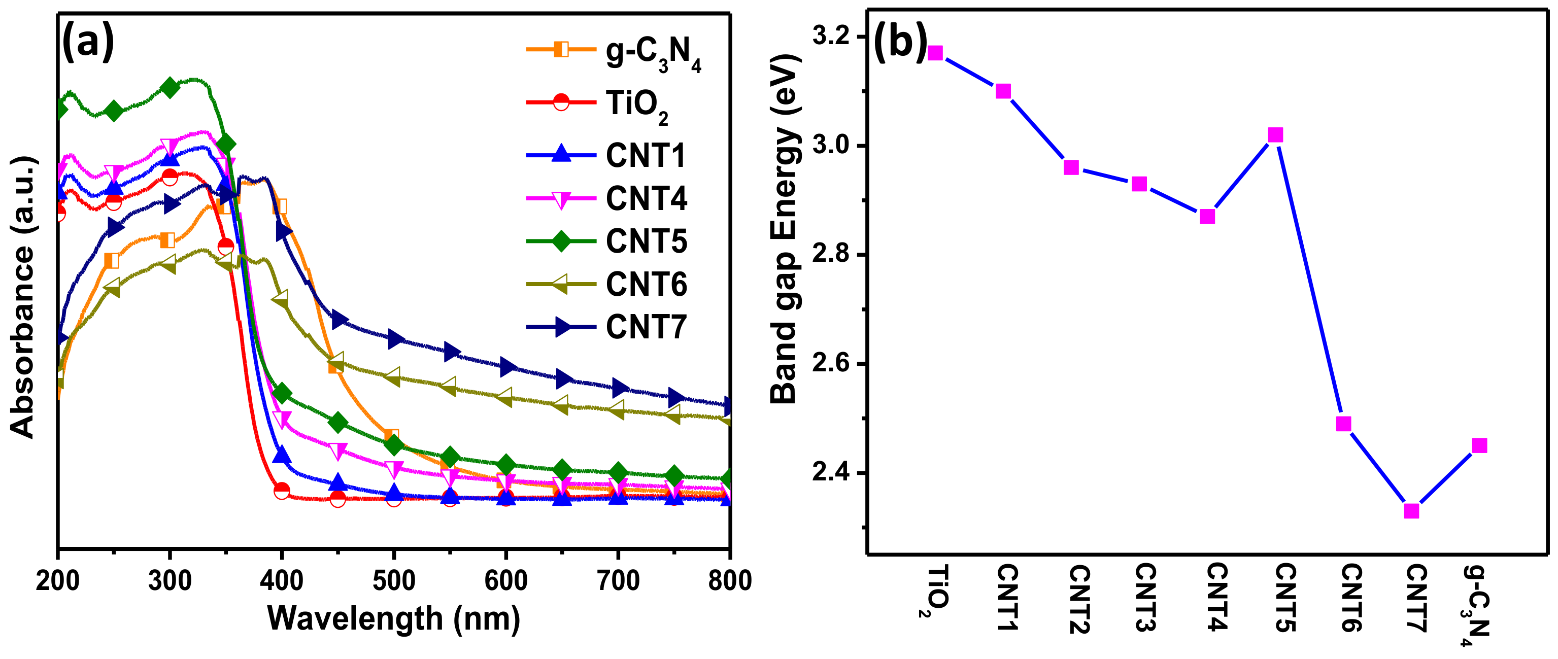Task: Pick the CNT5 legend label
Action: (x=646, y=241)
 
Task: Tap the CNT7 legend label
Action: (x=646, y=327)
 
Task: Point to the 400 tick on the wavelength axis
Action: (x=281, y=580)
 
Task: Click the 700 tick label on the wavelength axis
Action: (x=618, y=580)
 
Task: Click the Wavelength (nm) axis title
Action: (x=394, y=619)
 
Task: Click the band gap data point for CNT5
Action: (x=1275, y=135)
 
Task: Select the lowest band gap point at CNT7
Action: (x=1411, y=511)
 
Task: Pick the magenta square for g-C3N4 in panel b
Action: (x=1479, y=445)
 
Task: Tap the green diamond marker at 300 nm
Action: (x=170, y=88)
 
